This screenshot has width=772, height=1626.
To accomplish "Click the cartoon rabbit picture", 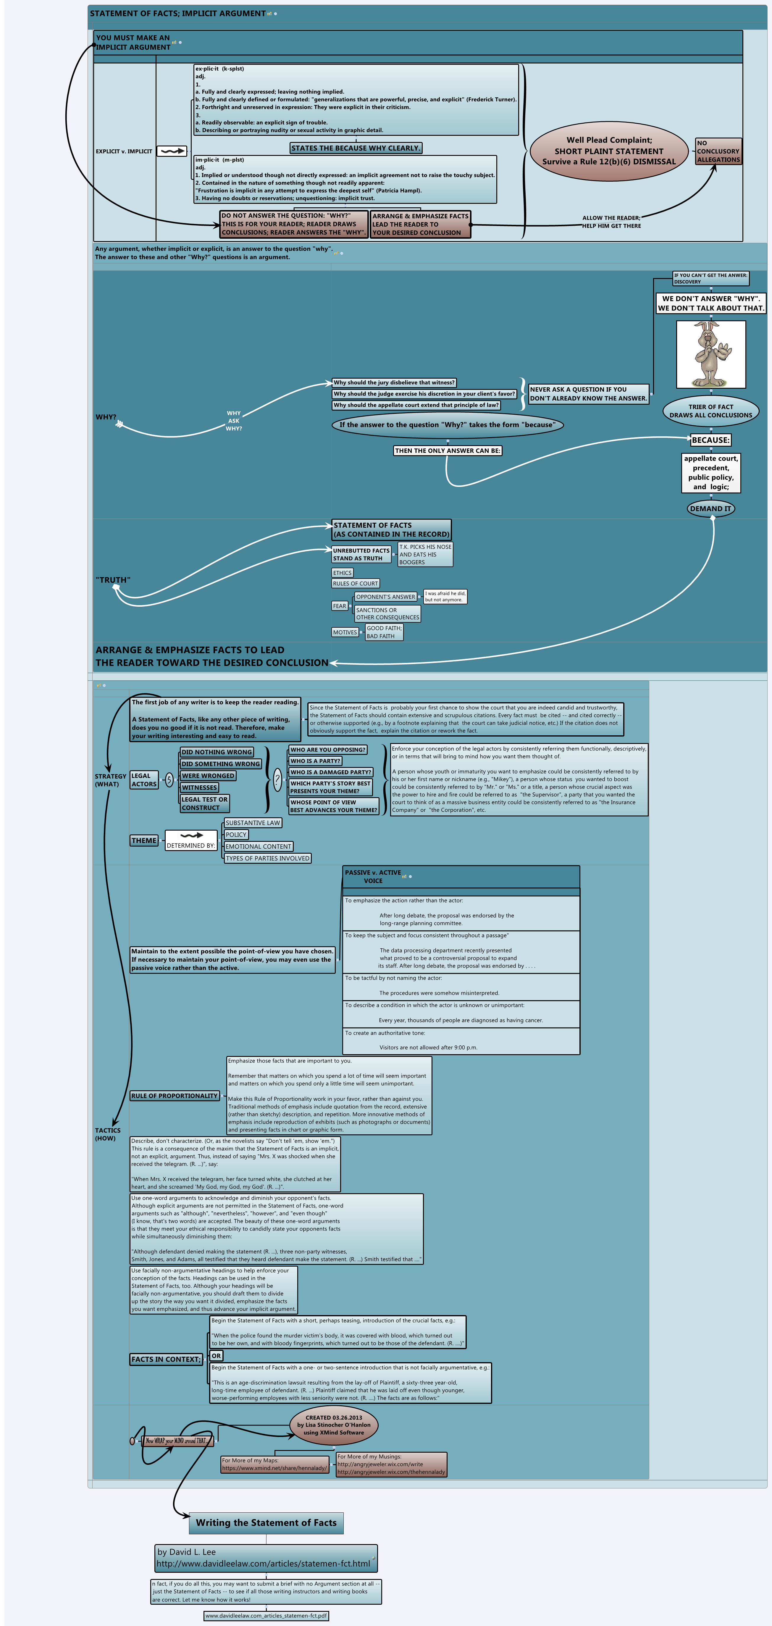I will (711, 354).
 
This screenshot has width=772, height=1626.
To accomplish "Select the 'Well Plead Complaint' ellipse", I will (608, 151).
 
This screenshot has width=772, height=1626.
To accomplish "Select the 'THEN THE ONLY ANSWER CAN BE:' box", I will (447, 451).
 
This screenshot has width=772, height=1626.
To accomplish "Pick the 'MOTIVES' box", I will (345, 632).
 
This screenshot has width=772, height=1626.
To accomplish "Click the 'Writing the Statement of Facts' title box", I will (266, 1522).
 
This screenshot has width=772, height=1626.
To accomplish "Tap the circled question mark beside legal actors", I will (277, 780).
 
